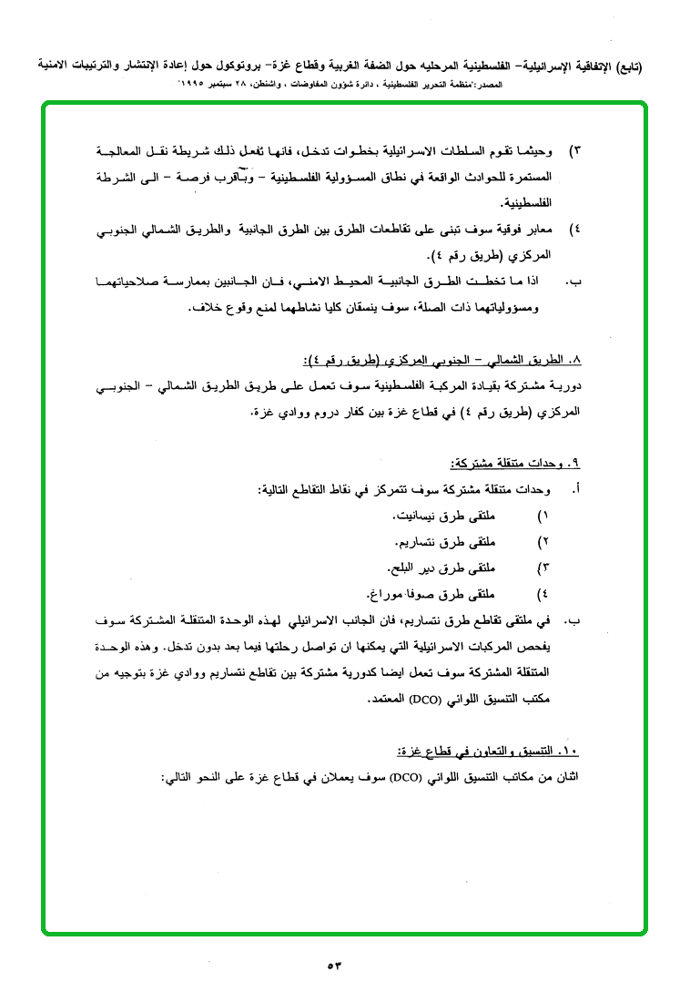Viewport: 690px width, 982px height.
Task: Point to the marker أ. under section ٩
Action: [575, 491]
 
